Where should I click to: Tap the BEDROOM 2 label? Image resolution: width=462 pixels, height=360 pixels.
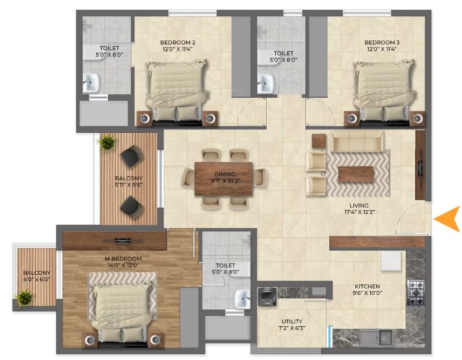(x=178, y=42)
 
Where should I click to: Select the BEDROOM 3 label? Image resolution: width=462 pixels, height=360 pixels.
(x=382, y=42)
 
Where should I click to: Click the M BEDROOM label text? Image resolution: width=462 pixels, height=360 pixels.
(x=123, y=258)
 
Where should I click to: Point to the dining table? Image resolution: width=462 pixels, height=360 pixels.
(x=224, y=178)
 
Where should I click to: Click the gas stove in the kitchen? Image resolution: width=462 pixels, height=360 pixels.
(x=416, y=293)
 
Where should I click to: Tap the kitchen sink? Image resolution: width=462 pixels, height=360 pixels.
(x=376, y=338)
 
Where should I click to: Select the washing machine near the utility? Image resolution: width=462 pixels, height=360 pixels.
(x=267, y=297)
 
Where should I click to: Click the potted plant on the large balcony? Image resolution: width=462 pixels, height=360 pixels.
(x=107, y=143)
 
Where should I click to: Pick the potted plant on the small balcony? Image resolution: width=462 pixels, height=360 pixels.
(x=25, y=299)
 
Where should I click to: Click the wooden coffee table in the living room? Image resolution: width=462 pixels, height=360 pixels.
(x=356, y=174)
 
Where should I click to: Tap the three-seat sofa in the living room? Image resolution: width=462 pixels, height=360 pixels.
(x=357, y=141)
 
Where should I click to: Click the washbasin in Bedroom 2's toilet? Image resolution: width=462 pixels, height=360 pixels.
(x=90, y=83)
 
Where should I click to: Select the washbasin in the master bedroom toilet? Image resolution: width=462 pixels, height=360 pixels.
(x=242, y=299)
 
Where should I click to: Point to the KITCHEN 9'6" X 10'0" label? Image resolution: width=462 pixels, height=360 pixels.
(x=367, y=290)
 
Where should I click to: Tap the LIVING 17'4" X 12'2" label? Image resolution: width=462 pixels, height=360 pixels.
(x=359, y=209)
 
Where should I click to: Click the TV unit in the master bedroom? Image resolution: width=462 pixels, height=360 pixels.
(x=115, y=241)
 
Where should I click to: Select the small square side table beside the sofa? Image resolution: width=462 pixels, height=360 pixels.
(x=319, y=141)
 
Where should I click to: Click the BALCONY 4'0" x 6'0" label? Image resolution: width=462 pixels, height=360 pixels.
(x=37, y=276)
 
